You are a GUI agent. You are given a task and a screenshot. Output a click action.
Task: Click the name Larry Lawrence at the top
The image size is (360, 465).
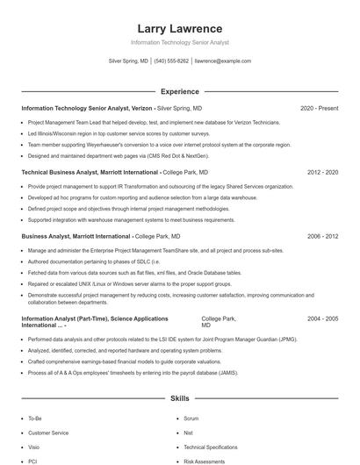180,29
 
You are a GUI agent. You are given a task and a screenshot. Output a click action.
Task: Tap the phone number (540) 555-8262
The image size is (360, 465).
171,61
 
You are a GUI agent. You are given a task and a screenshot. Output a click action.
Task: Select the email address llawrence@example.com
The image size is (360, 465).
223,61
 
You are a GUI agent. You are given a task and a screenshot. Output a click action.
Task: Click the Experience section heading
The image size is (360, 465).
180,91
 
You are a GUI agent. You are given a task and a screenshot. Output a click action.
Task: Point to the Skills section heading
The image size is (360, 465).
180,398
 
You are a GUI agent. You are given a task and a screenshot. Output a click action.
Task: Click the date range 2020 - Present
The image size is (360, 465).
319,108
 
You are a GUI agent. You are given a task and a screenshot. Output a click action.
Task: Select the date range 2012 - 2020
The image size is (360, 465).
322,173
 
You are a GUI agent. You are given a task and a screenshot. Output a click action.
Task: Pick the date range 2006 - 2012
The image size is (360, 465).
322,236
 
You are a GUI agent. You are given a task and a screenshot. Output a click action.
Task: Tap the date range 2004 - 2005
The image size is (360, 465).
322,318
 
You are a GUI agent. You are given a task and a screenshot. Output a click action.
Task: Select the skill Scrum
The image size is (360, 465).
191,419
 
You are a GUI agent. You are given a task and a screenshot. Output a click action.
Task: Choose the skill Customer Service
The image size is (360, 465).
48,433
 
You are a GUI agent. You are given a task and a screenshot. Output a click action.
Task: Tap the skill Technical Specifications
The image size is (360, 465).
211,447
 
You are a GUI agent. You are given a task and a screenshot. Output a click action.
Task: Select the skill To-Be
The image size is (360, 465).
35,419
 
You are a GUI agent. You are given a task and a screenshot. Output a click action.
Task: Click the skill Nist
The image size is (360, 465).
189,433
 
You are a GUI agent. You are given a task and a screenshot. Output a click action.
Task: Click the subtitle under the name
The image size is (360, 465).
180,42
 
